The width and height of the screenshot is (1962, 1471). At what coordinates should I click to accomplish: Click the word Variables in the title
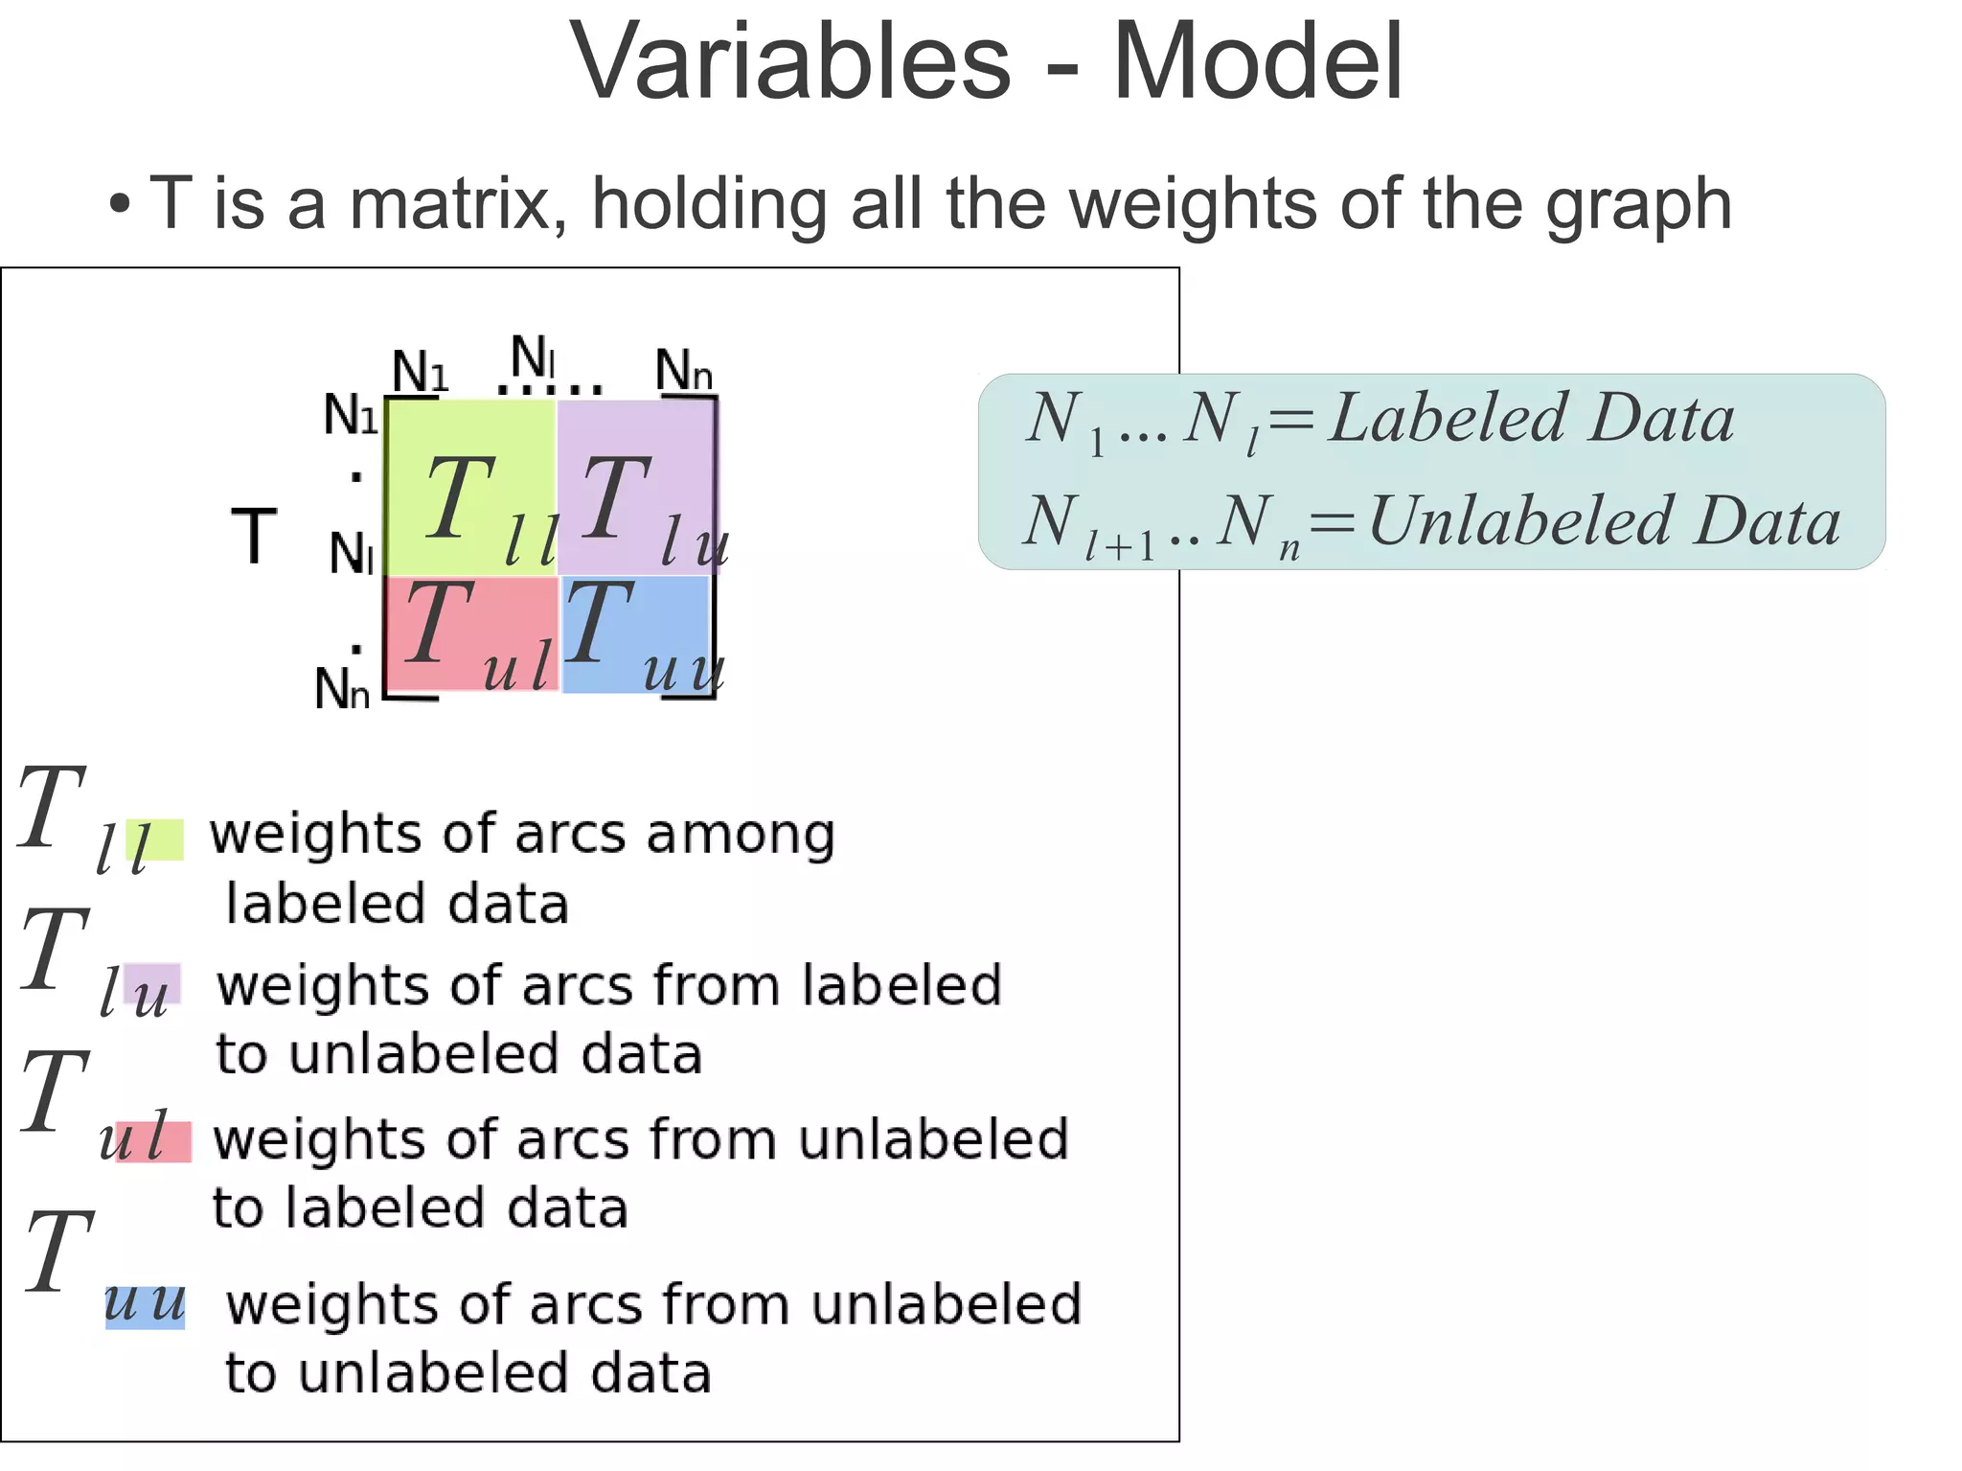pos(790,62)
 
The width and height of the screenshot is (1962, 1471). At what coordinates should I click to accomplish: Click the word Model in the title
pos(1257,62)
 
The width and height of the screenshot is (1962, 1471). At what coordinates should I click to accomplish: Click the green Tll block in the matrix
pos(470,487)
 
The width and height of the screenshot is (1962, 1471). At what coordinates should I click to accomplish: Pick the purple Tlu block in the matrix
pos(636,487)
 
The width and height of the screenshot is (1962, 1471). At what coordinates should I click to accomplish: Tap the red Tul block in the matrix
pos(470,633)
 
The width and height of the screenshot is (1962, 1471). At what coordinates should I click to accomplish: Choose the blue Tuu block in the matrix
pos(636,633)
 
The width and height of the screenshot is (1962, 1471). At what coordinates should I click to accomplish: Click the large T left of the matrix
pos(254,537)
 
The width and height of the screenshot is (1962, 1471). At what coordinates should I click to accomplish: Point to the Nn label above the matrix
pos(684,371)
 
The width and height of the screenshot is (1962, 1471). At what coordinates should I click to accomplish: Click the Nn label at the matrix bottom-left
pos(342,688)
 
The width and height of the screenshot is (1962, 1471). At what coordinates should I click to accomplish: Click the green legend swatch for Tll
pos(156,839)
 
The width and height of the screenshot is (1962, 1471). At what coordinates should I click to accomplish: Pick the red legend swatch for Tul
pos(153,1141)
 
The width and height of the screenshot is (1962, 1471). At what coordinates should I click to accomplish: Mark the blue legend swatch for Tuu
pos(145,1307)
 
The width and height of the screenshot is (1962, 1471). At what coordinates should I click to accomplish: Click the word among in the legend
pos(741,834)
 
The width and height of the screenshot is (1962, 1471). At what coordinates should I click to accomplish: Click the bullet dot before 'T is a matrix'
pos(119,204)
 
